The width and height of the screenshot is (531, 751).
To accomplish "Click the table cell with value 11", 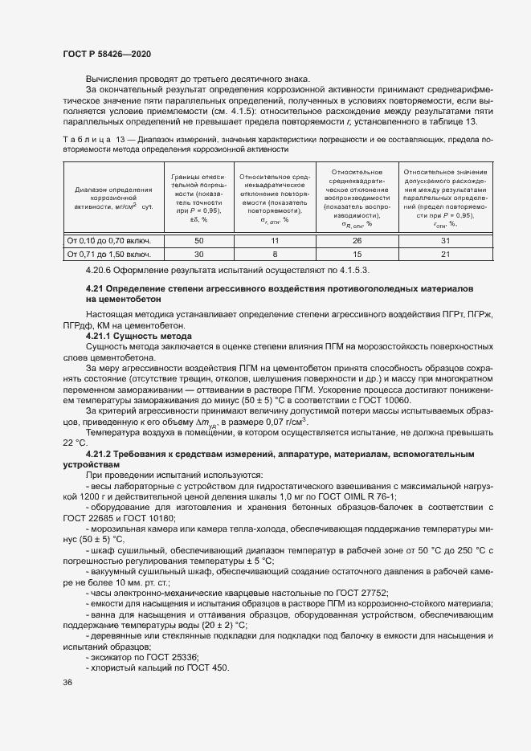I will [x=274, y=240].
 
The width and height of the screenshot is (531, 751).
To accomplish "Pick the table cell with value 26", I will [x=357, y=240].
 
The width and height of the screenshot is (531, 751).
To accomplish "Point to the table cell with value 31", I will [x=445, y=240].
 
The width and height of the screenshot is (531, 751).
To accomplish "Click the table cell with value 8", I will [x=274, y=254].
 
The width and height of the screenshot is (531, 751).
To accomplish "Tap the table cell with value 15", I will [x=357, y=254].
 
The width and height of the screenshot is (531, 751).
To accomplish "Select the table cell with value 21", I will [x=445, y=254].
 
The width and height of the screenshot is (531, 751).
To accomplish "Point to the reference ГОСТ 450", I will [x=208, y=667].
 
